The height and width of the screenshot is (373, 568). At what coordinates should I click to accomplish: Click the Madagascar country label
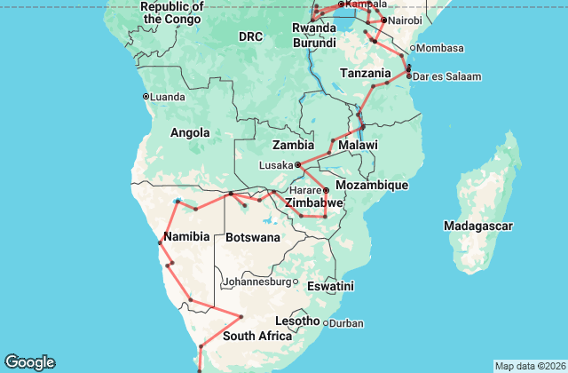click(x=479, y=226)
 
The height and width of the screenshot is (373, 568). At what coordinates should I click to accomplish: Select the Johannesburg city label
click(x=257, y=282)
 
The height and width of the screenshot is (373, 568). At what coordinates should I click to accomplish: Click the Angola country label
click(x=189, y=133)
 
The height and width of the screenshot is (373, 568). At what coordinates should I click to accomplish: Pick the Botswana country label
click(x=253, y=238)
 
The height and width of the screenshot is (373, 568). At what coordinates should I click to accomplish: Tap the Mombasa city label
click(x=440, y=47)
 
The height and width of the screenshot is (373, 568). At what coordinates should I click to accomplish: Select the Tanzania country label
click(x=366, y=73)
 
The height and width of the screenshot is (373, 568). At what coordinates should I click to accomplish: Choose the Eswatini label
click(x=329, y=286)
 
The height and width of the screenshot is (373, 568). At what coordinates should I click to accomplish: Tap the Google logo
click(x=29, y=362)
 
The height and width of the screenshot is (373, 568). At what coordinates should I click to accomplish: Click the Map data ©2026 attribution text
click(x=528, y=366)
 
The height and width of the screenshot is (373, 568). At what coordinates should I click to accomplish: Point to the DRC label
click(x=251, y=36)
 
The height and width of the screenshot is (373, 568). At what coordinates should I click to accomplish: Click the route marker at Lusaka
click(x=298, y=164)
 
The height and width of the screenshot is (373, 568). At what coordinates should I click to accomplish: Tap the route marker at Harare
click(x=326, y=190)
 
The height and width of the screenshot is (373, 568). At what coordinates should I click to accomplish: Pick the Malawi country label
click(x=358, y=145)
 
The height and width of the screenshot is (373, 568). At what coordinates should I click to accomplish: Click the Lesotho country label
click(x=297, y=321)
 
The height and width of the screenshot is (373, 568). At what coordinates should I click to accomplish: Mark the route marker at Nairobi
click(x=383, y=20)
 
